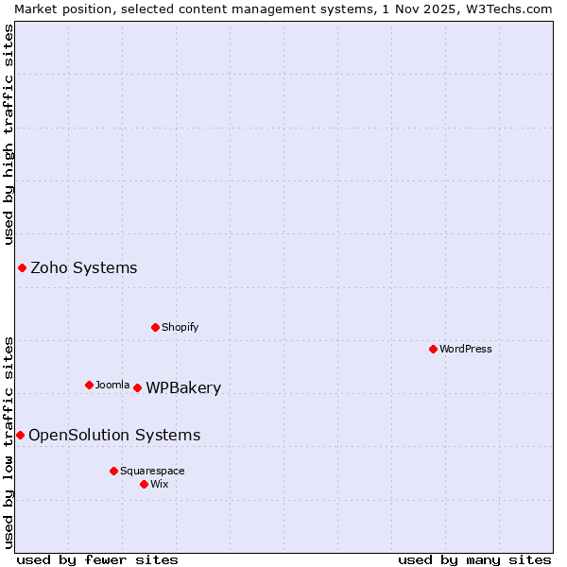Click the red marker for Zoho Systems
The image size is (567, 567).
(x=22, y=268)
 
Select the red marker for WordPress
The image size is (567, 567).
(x=433, y=349)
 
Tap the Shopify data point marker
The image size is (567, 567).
(x=155, y=327)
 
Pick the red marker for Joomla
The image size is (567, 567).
(x=89, y=385)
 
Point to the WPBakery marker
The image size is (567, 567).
(x=137, y=387)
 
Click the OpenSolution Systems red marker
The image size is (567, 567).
(x=20, y=435)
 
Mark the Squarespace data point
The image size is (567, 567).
(x=113, y=471)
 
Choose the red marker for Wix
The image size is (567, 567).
(x=144, y=484)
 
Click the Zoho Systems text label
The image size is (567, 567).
(x=84, y=268)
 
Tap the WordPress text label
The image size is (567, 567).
(x=466, y=349)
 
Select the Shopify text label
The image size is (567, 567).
(x=180, y=327)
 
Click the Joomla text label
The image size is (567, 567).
(x=112, y=385)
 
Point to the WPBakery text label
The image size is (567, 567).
(x=183, y=388)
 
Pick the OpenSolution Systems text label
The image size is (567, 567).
(x=114, y=436)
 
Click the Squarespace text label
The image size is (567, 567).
(x=152, y=471)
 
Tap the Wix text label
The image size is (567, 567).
(x=160, y=484)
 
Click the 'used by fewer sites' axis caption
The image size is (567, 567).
(x=97, y=559)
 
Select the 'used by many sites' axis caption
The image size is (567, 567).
(x=474, y=559)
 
